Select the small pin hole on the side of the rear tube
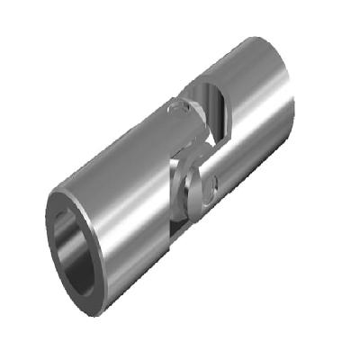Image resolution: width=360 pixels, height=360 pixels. tap(215, 187)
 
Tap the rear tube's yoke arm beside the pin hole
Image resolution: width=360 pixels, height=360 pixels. tap(221, 171)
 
